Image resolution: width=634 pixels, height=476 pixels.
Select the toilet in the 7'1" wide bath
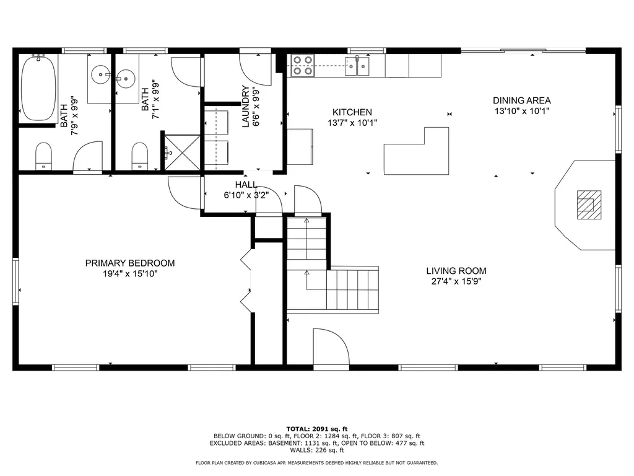click(x=140, y=156)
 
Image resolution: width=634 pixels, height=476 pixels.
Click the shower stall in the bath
click(x=181, y=151)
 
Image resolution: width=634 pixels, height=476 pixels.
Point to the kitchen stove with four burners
click(x=302, y=65)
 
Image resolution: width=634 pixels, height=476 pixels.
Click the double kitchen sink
click(x=358, y=65)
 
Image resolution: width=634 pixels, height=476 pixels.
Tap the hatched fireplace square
click(x=588, y=205)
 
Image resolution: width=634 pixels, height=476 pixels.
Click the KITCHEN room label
click(x=352, y=112)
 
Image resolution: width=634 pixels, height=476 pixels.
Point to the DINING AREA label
click(x=521, y=100)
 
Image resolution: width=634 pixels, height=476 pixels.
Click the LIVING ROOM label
click(x=456, y=271)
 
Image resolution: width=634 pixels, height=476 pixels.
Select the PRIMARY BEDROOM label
click(x=130, y=263)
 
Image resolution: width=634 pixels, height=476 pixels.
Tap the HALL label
click(x=246, y=185)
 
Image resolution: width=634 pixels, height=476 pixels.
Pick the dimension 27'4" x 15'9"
click(x=456, y=281)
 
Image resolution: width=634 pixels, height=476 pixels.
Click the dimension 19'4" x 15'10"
click(x=130, y=273)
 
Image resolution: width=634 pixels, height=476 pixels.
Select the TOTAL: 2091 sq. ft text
click(x=316, y=429)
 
